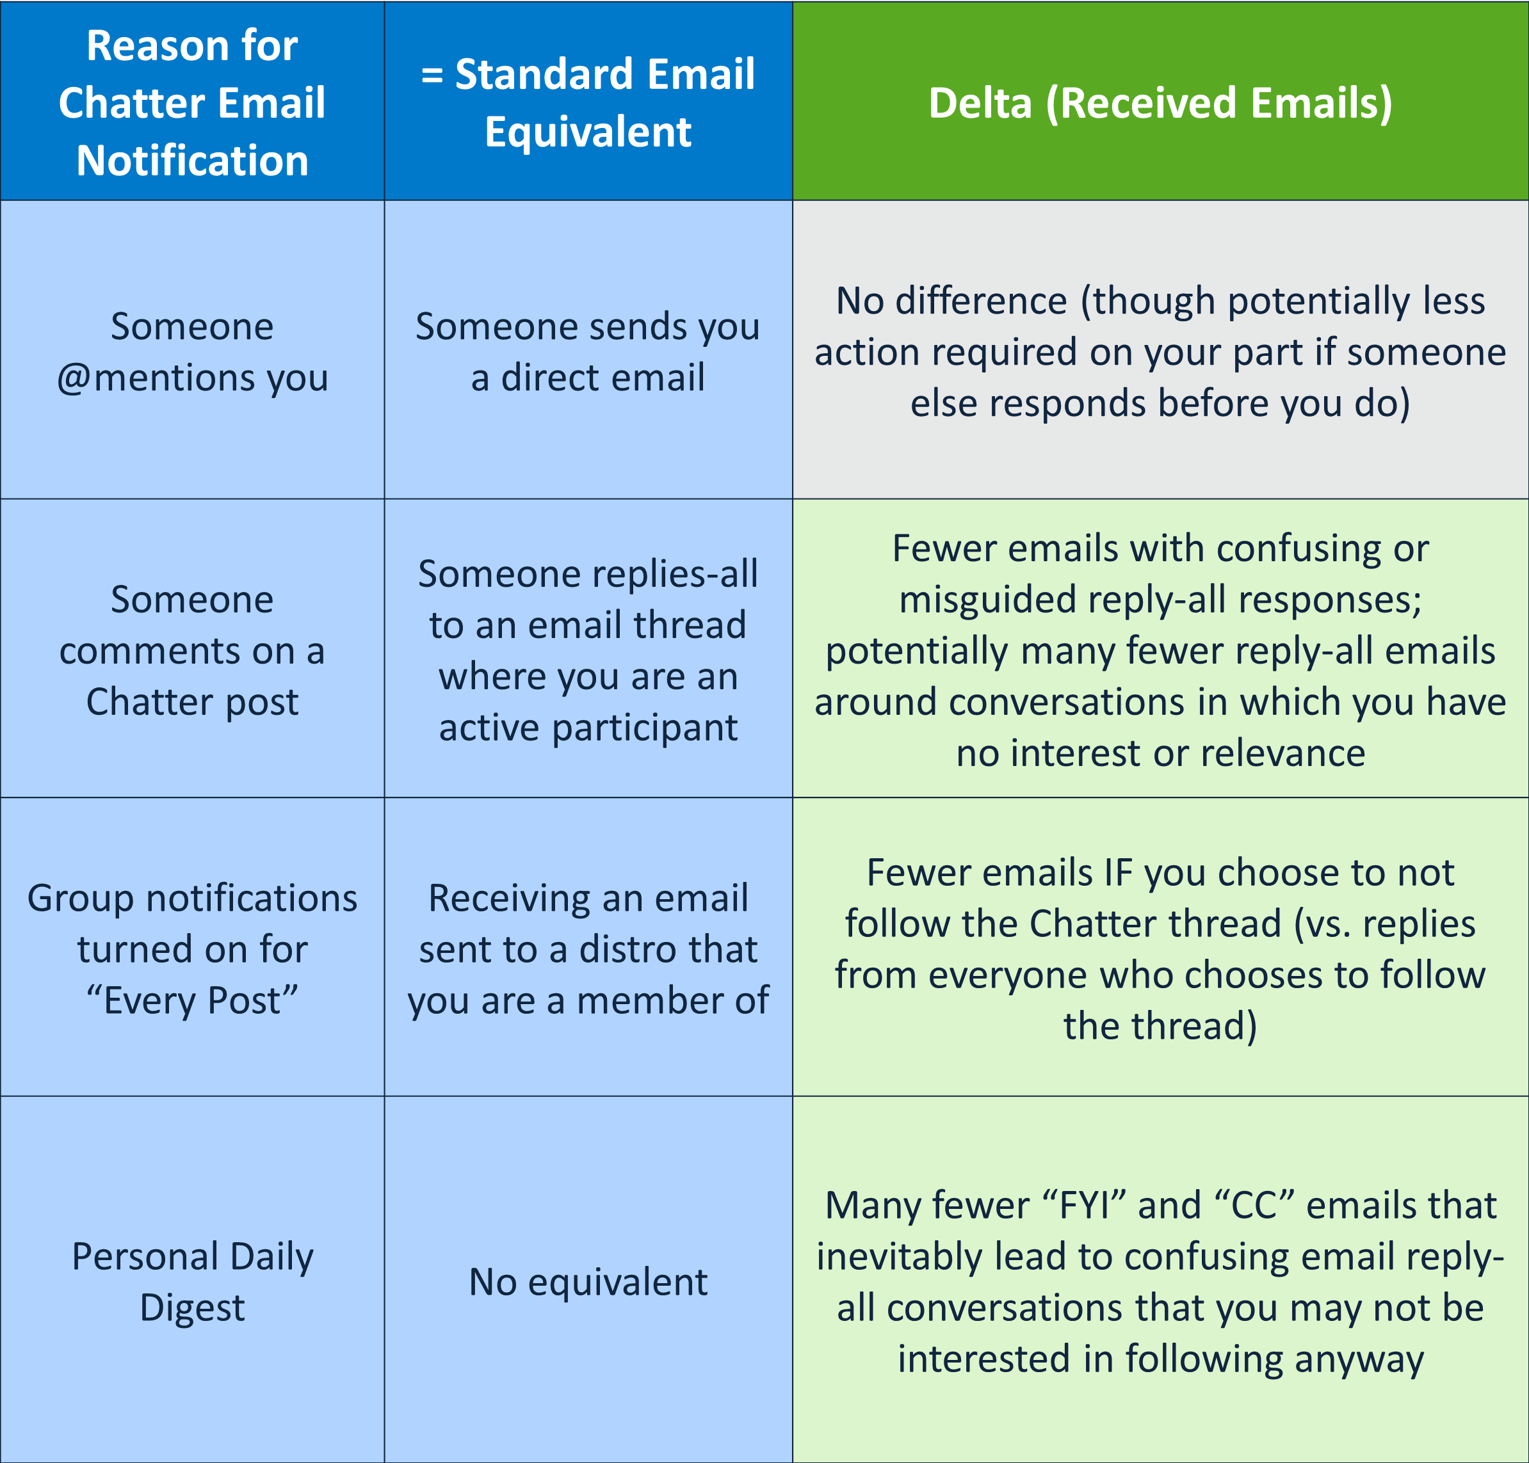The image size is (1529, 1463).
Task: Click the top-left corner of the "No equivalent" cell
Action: tap(385, 1096)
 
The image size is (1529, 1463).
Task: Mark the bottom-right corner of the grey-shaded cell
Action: tap(1528, 499)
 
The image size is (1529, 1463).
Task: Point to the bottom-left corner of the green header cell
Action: tap(793, 200)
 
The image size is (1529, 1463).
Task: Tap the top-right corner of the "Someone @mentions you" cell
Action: tap(385, 200)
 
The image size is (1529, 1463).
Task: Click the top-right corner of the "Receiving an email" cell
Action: tap(793, 797)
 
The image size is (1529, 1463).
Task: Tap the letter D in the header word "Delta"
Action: tap(942, 104)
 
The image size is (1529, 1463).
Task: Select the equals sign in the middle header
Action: tap(432, 76)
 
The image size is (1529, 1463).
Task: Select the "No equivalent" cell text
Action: tap(588, 1282)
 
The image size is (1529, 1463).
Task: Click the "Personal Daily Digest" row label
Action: tap(193, 1282)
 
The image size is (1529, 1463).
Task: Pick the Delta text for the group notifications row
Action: tap(1160, 949)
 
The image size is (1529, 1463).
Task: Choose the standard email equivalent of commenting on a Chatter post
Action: tap(588, 650)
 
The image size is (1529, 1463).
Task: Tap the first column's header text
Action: tap(192, 103)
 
